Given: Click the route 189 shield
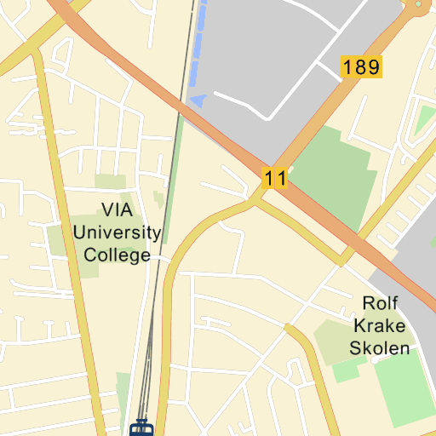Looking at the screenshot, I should tap(361, 67).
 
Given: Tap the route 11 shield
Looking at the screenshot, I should tap(274, 179).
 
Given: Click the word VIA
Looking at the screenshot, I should tap(118, 209).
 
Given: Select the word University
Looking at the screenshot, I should tap(117, 232).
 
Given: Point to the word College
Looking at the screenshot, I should tap(117, 255).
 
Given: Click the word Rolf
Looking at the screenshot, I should tap(381, 303).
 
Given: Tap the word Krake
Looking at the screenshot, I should tap(380, 325).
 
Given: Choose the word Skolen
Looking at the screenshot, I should tap(380, 347).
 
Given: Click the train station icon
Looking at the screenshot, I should tap(141, 427).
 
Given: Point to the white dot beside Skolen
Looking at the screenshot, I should tap(376, 361).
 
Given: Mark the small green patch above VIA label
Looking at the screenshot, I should tap(110, 181).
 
